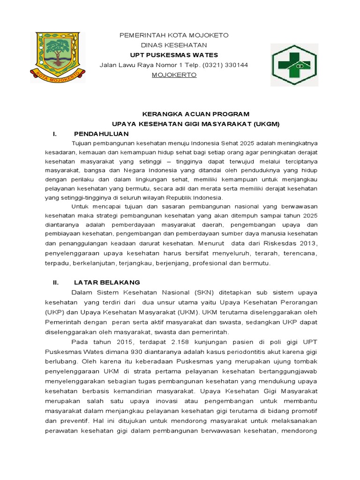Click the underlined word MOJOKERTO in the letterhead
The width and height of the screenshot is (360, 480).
coord(174,75)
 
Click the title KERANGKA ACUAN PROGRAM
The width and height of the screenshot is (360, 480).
coord(196,114)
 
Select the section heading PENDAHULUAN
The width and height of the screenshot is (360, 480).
coord(101,134)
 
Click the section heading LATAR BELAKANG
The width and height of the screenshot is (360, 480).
coord(107,282)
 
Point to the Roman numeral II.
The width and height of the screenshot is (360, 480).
coord(55,282)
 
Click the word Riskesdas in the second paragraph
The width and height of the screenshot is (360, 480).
coord(272,243)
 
